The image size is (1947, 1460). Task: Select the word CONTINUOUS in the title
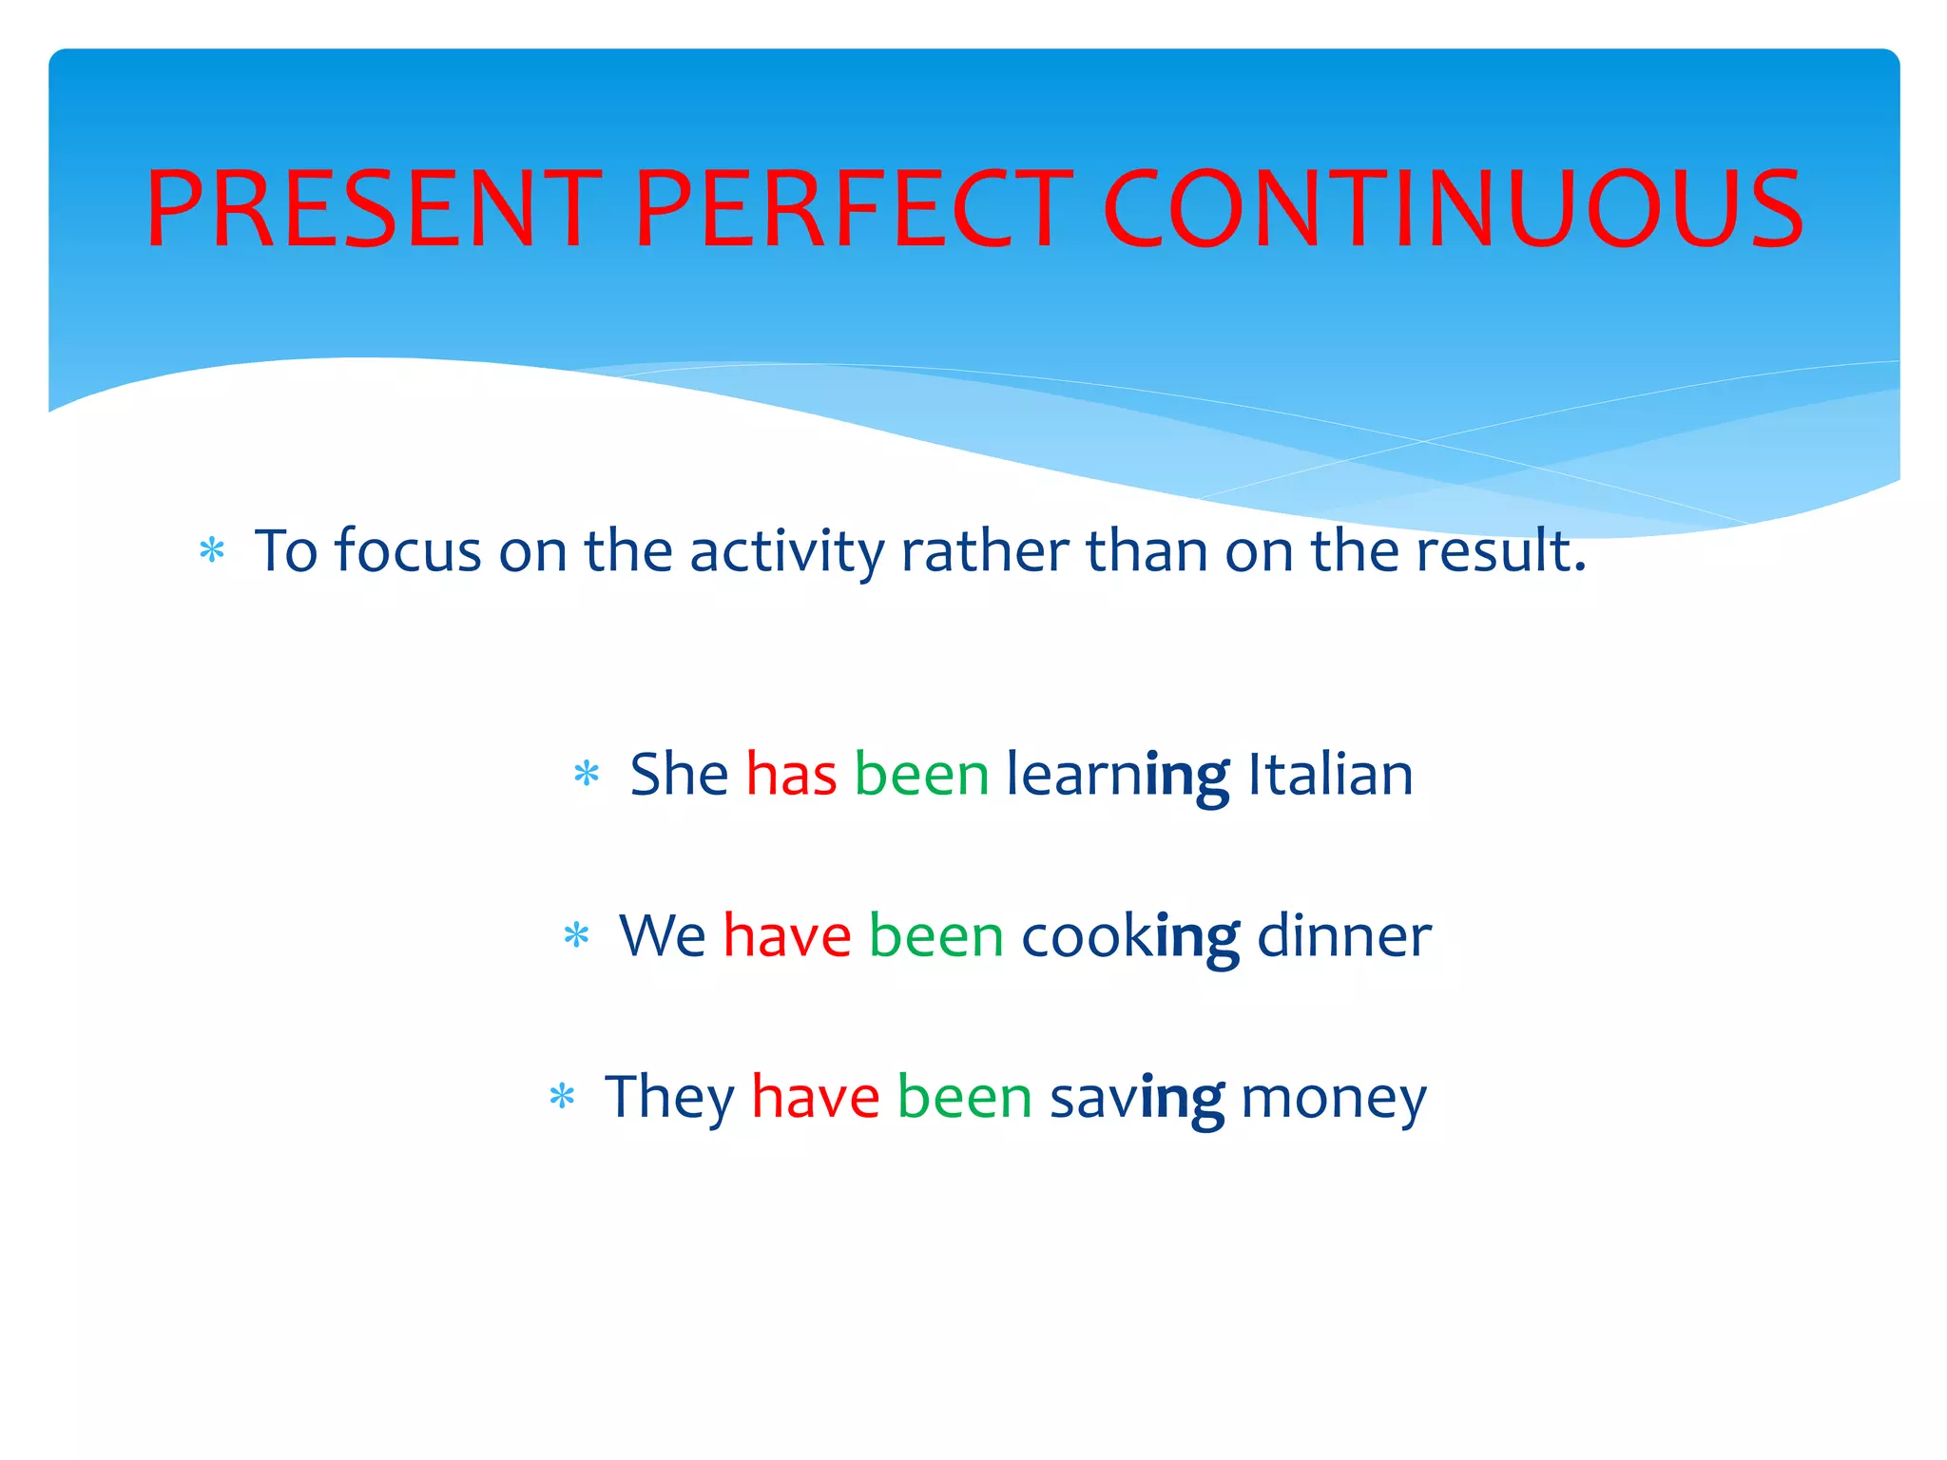tap(1452, 208)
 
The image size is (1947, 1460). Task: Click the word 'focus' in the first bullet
tap(408, 551)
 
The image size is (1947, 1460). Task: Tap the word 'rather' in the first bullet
tap(985, 551)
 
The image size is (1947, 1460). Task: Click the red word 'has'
tap(791, 775)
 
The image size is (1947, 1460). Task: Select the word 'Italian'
tap(1329, 775)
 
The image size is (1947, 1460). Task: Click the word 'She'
tap(679, 775)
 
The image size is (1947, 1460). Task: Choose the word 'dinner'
tap(1343, 936)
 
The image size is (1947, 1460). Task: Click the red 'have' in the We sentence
tap(787, 936)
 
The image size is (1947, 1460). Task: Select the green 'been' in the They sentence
tap(964, 1098)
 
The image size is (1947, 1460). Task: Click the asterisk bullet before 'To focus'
tap(212, 550)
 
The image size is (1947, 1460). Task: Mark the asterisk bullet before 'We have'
tap(576, 935)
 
